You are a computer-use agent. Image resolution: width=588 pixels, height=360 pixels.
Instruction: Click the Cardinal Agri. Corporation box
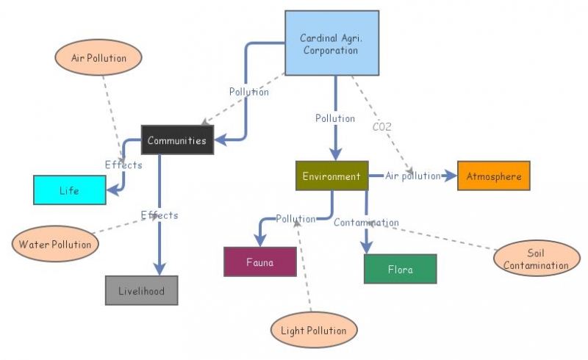(x=331, y=43)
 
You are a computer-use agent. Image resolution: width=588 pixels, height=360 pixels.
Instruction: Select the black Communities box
(x=177, y=140)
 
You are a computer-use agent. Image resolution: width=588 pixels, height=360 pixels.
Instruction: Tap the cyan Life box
(x=69, y=190)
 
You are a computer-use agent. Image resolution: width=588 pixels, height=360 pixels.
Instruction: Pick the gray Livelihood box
(x=142, y=291)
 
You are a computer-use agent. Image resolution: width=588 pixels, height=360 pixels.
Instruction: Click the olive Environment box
(x=331, y=176)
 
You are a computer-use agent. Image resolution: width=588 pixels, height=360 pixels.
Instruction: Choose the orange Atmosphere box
(x=493, y=176)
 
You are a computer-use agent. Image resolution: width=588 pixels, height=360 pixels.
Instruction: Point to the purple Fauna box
(x=260, y=262)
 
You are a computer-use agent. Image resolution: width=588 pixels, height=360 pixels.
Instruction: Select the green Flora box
(x=401, y=269)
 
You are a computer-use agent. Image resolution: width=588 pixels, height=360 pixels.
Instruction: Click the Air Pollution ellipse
(x=98, y=58)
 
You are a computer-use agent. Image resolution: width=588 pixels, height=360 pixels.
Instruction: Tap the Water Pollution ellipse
(x=55, y=244)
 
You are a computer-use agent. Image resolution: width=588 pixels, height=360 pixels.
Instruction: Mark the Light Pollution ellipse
(x=314, y=331)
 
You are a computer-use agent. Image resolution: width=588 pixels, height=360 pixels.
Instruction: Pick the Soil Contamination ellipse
(x=537, y=259)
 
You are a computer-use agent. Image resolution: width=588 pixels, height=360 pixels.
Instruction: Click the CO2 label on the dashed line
(x=381, y=126)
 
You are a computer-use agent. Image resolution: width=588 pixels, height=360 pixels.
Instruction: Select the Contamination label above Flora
(x=366, y=223)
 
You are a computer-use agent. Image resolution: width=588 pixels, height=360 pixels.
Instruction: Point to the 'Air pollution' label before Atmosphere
(x=413, y=176)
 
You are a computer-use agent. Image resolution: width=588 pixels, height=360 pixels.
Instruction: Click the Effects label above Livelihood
(x=159, y=215)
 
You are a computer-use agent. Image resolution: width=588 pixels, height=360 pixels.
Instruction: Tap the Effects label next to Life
(x=123, y=165)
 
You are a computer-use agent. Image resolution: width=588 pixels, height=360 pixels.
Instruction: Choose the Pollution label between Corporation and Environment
(x=335, y=118)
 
